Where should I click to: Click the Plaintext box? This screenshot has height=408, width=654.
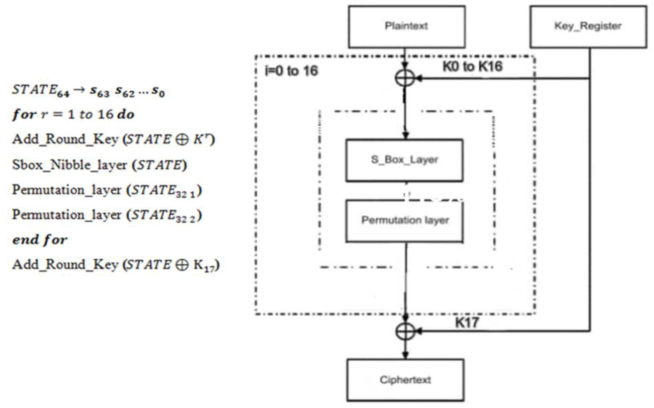click(407, 27)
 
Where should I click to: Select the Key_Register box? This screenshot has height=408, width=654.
click(588, 27)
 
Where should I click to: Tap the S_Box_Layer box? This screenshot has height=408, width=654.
click(404, 160)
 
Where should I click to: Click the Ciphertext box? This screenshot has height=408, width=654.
click(405, 380)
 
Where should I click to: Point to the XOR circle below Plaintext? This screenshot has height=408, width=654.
click(405, 78)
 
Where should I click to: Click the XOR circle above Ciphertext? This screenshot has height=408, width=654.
click(405, 331)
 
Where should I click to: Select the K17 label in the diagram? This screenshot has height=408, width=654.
click(467, 323)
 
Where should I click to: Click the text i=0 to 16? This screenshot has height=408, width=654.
click(291, 71)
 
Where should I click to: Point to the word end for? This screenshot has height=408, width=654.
click(40, 240)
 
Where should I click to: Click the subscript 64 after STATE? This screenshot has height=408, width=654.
click(63, 94)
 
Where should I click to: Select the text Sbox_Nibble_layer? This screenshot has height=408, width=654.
click(69, 165)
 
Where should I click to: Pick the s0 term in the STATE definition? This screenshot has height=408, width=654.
click(158, 92)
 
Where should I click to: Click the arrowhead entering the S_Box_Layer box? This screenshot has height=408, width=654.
click(406, 135)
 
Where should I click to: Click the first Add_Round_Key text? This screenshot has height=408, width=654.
click(65, 139)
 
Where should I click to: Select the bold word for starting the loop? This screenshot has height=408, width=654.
click(24, 114)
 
